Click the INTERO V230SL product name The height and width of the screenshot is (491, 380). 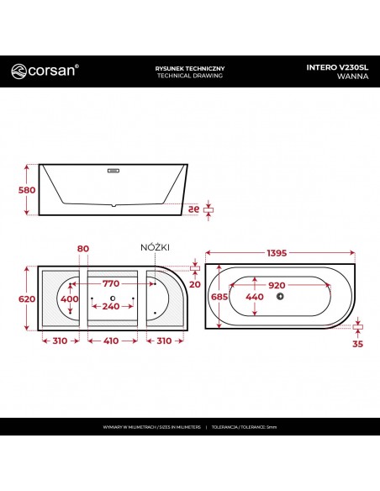pos(337,66)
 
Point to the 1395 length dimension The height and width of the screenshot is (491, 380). pos(282,255)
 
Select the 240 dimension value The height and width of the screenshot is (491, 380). pos(110,306)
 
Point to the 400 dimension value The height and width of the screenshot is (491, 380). pos(70,299)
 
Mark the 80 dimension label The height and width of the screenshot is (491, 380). pos(82,250)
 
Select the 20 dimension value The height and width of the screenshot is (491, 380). pos(195,283)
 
